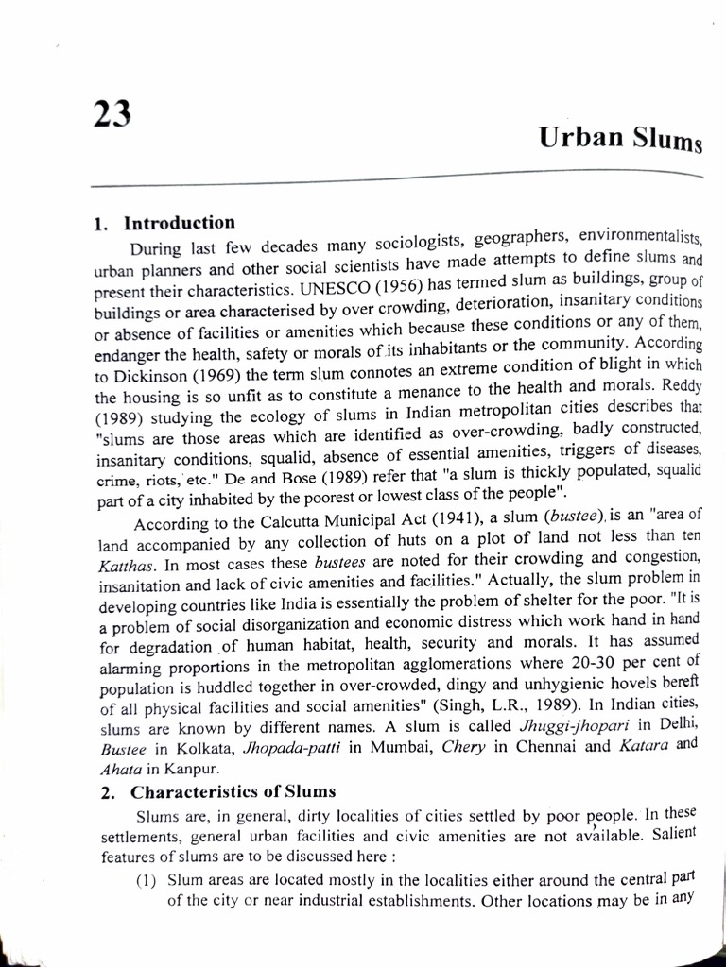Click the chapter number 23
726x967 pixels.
(112, 115)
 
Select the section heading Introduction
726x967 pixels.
(180, 224)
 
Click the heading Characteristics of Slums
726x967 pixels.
(232, 790)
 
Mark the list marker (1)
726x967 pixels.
(147, 879)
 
